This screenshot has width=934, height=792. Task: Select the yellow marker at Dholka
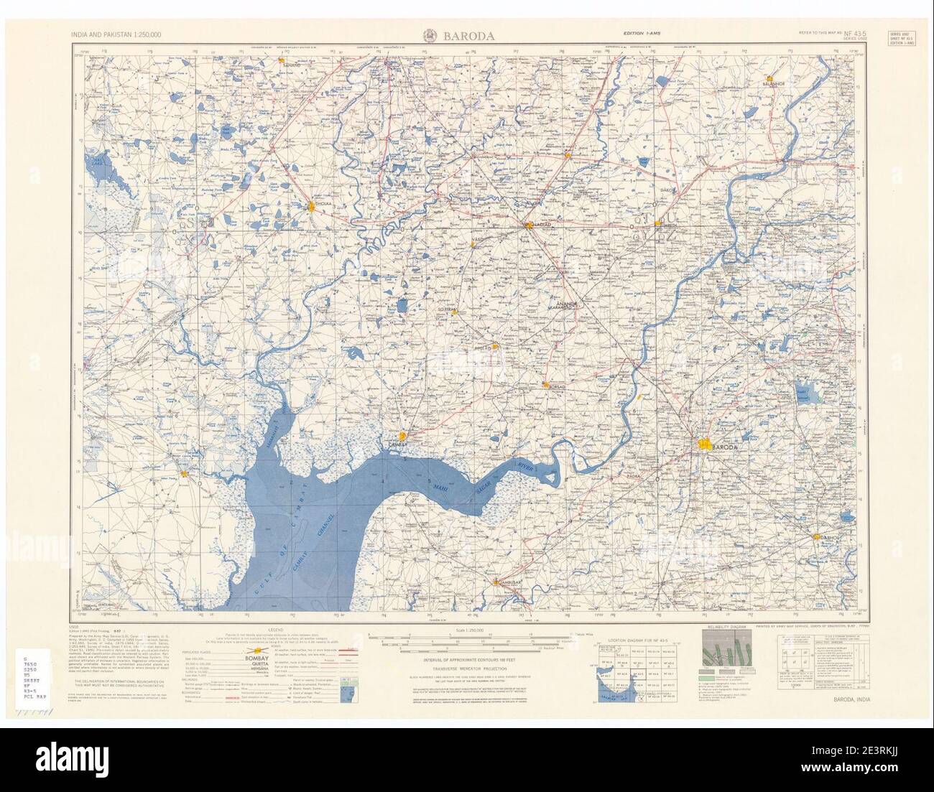point(312,208)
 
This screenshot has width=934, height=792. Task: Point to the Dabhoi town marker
point(817,536)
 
